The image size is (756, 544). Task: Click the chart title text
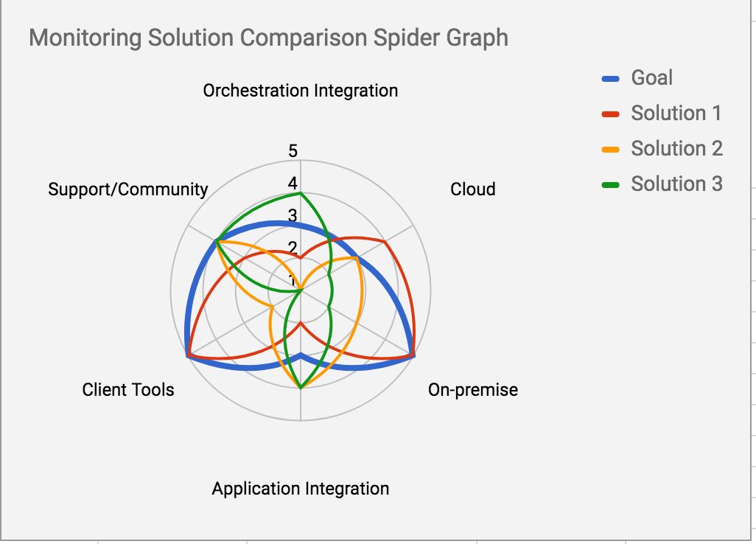point(268,38)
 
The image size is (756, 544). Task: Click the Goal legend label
point(651,77)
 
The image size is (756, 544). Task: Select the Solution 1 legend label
point(676,113)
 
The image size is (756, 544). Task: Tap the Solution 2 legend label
point(676,148)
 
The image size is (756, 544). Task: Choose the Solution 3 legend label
point(676,184)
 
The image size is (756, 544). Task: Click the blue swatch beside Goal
point(612,78)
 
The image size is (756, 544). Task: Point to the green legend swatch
point(612,184)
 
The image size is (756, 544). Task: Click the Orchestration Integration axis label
point(301,91)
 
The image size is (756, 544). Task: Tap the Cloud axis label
point(473,189)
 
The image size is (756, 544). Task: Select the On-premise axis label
point(473,390)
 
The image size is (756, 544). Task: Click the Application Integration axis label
point(301,489)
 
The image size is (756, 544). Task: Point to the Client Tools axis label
point(128,390)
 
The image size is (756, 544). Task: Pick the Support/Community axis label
point(128,189)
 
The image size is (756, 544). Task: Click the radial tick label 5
point(293,152)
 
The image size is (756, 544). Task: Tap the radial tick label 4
point(293,184)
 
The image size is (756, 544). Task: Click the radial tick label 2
point(293,248)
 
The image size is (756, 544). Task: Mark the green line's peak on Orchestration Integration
point(301,194)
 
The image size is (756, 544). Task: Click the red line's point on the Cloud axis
point(385,242)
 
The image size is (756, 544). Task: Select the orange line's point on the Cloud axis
point(357,259)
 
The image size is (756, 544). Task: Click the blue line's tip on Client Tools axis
point(188,356)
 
